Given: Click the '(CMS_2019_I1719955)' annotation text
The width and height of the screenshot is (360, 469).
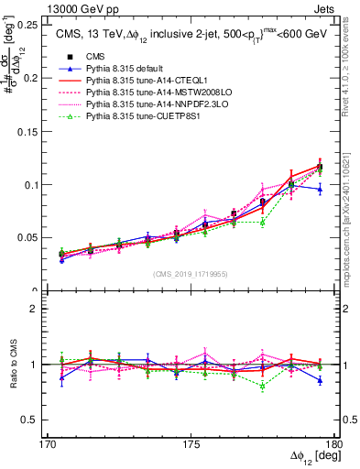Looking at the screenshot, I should click(x=191, y=273).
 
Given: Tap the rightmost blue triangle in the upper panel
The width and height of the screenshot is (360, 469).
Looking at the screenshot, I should click(x=320, y=189).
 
